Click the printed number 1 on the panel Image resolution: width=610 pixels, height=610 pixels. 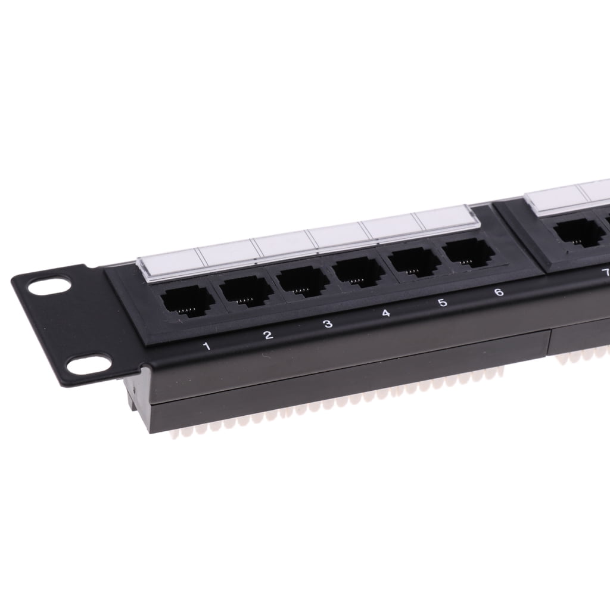tap(207, 346)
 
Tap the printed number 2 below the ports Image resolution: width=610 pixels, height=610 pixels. tap(268, 335)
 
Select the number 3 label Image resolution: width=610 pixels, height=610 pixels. tap(328, 323)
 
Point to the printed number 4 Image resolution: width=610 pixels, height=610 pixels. tap(386, 313)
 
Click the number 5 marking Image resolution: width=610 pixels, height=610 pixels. tap(443, 302)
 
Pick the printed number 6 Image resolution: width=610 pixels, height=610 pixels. tap(499, 292)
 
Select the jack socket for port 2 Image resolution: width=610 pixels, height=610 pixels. tap(246, 291)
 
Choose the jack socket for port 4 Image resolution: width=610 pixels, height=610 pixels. tap(357, 270)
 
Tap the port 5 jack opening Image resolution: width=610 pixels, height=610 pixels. tap(413, 260)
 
